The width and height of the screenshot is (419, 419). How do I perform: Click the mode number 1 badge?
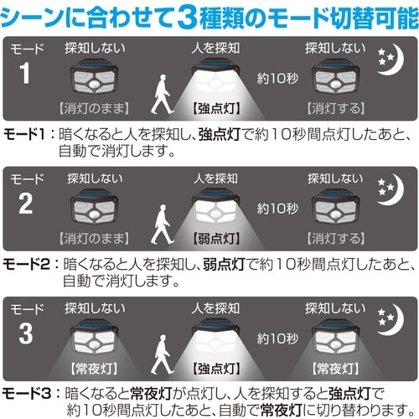tap(23, 72)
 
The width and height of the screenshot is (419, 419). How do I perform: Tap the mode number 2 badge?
tap(23, 204)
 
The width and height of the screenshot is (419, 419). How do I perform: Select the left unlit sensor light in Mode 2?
tap(91, 215)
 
